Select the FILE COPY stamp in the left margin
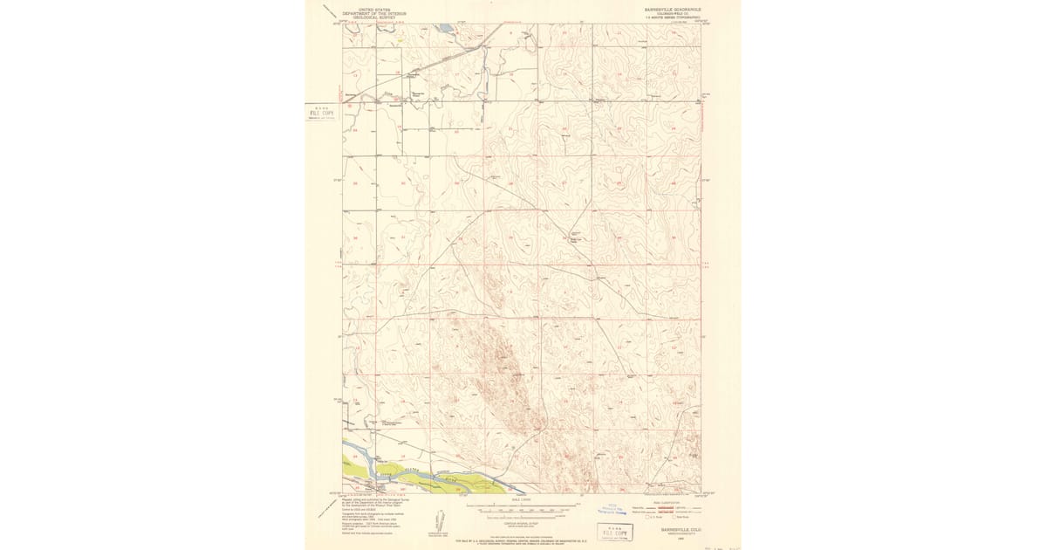321,113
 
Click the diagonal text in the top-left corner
327,12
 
